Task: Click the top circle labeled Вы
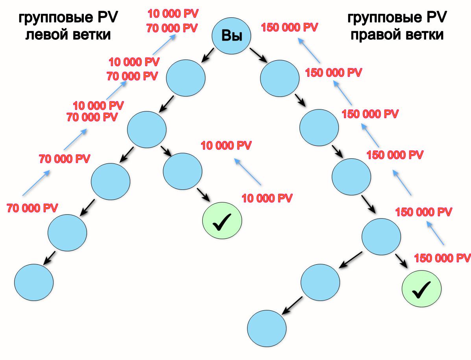point(231,36)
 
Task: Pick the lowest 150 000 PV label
point(442,258)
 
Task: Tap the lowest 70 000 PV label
point(32,208)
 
